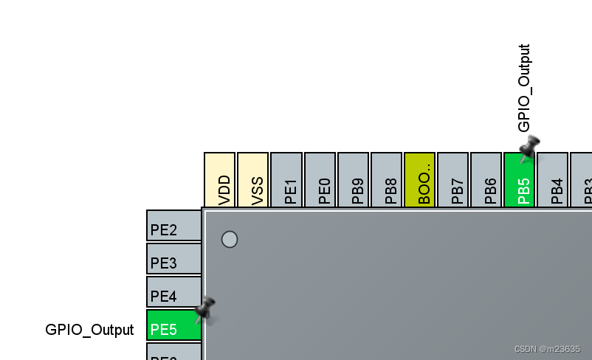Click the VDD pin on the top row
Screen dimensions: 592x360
[219, 180]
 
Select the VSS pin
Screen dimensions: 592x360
[252, 180]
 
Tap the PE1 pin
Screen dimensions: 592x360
[286, 180]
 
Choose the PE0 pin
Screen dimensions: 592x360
[320, 180]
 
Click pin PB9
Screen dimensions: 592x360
[353, 180]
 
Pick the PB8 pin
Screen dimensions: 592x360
[386, 180]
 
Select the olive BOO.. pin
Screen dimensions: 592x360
[419, 180]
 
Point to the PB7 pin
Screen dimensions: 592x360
[452, 180]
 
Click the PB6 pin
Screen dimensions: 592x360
[486, 180]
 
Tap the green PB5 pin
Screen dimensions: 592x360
[519, 184]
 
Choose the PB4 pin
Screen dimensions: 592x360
[552, 180]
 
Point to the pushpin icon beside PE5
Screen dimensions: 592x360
[204, 310]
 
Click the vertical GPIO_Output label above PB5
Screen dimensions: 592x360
[524, 88]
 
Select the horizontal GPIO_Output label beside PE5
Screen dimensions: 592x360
[90, 330]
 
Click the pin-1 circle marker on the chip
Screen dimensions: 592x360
[230, 239]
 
